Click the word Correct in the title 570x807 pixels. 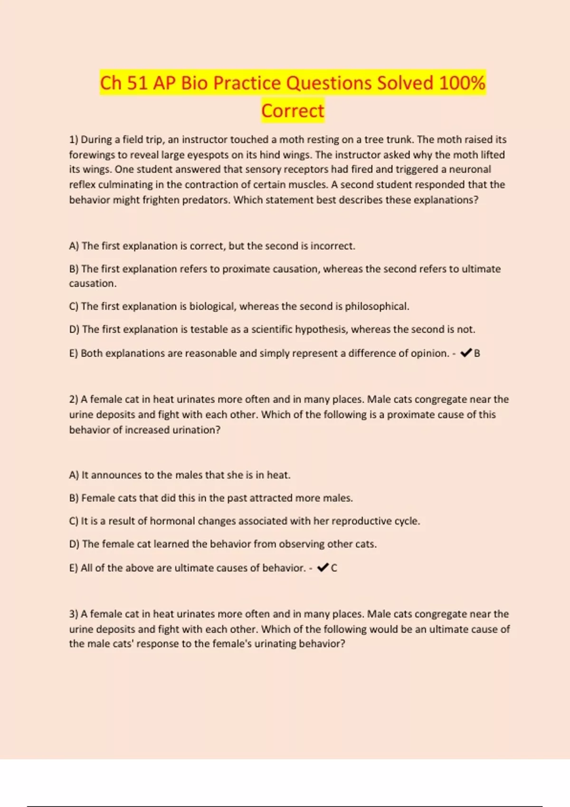pyautogui.click(x=293, y=111)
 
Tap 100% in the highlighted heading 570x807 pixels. pyautogui.click(x=462, y=83)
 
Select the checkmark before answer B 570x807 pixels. pyautogui.click(x=466, y=353)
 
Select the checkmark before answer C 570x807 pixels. pyautogui.click(x=323, y=567)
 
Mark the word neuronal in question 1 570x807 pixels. pyautogui.click(x=470, y=169)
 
